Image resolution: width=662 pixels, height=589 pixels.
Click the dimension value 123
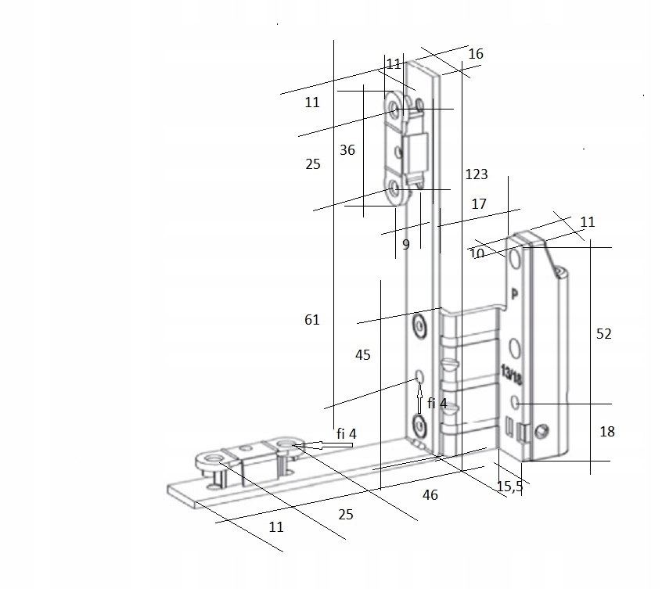[x=476, y=174]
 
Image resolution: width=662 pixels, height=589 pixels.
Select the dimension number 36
[x=347, y=150]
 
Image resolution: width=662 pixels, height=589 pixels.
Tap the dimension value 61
[x=312, y=320]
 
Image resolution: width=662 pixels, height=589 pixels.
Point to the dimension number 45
[x=362, y=355]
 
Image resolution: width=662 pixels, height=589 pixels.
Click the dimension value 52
[x=603, y=334]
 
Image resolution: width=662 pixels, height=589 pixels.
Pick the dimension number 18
[x=606, y=432]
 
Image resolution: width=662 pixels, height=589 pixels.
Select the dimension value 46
[x=430, y=495]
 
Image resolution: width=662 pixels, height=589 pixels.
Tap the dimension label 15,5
[x=509, y=487]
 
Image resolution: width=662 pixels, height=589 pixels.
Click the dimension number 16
[x=476, y=54]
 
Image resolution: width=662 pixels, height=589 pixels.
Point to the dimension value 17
[x=479, y=204]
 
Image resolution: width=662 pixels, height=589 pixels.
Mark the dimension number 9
[x=405, y=245]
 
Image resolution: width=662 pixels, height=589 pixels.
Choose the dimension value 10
[x=477, y=253]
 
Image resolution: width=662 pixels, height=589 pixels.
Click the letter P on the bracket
[x=515, y=295]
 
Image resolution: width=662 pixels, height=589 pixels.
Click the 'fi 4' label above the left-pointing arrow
[x=346, y=433]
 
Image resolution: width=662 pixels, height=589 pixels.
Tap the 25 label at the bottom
[x=345, y=515]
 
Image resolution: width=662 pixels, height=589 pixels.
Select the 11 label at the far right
[x=588, y=222]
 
